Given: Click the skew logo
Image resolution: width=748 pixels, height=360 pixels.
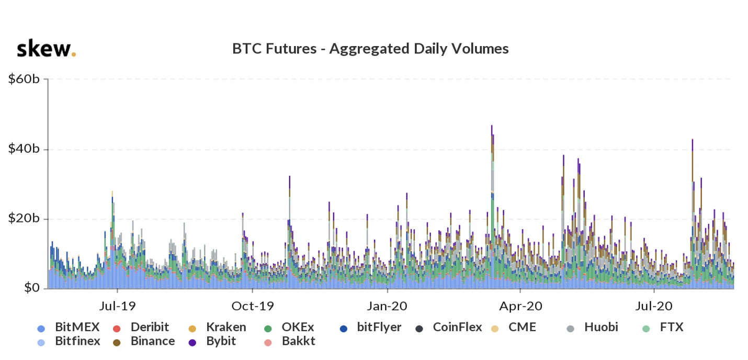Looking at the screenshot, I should click(46, 49).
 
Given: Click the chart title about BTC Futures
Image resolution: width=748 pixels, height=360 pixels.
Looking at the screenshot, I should click(370, 49).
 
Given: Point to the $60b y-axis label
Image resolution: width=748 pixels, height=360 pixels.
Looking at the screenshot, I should click(25, 79).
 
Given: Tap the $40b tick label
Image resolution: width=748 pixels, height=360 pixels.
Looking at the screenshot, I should click(25, 149).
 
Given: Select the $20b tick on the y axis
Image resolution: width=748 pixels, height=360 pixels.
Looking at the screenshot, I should click(25, 219).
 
